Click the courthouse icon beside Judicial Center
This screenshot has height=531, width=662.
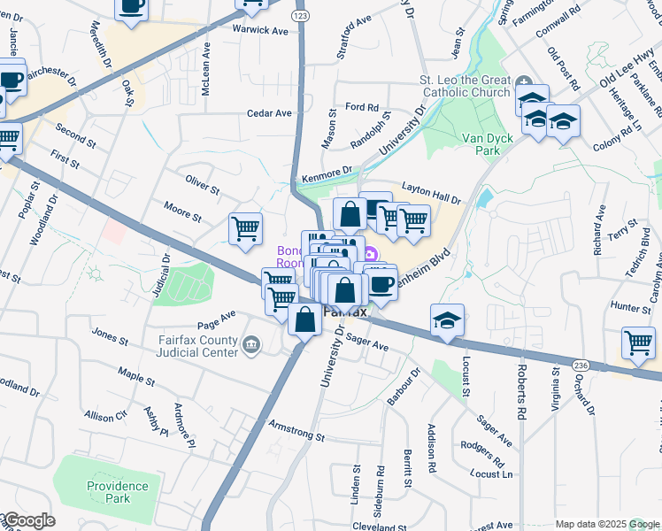(251, 343)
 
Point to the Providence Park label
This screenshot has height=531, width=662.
(118, 493)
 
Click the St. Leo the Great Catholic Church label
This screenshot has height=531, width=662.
(465, 86)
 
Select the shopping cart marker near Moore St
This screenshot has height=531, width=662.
(245, 227)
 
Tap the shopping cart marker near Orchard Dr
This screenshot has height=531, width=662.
(638, 342)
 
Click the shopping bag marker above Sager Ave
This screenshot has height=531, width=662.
(305, 319)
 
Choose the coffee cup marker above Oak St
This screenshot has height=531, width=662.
(132, 7)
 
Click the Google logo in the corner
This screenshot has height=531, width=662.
(28, 520)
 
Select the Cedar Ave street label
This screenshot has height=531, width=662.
(269, 113)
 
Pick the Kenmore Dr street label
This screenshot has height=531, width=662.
(326, 174)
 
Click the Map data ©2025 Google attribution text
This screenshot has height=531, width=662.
(607, 524)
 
